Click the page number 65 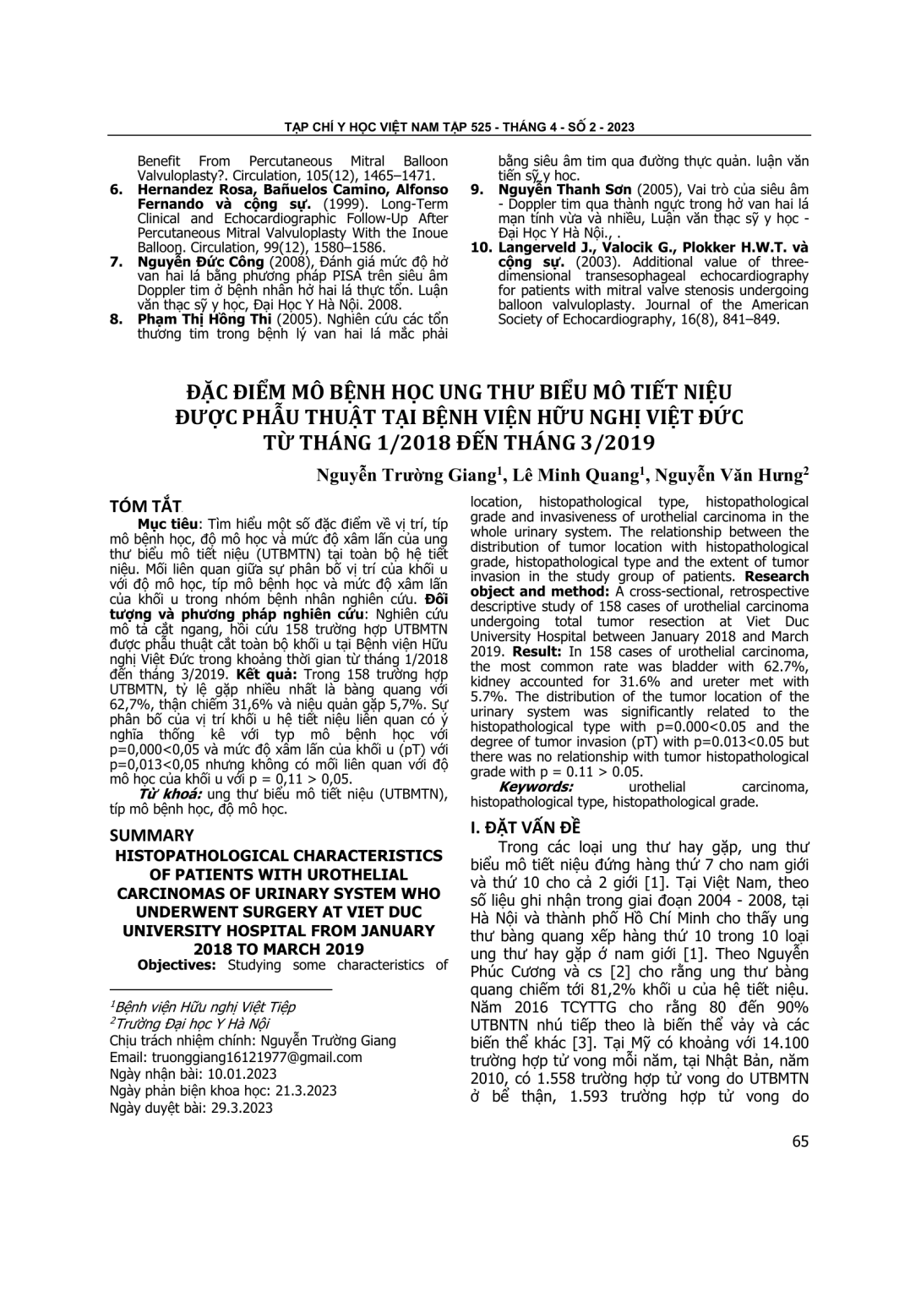click(800, 1141)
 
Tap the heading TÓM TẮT click(145, 506)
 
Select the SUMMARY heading click(152, 836)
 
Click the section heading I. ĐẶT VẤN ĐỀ click(526, 827)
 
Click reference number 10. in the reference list click(481, 248)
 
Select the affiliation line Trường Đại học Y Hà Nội click(189, 1023)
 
